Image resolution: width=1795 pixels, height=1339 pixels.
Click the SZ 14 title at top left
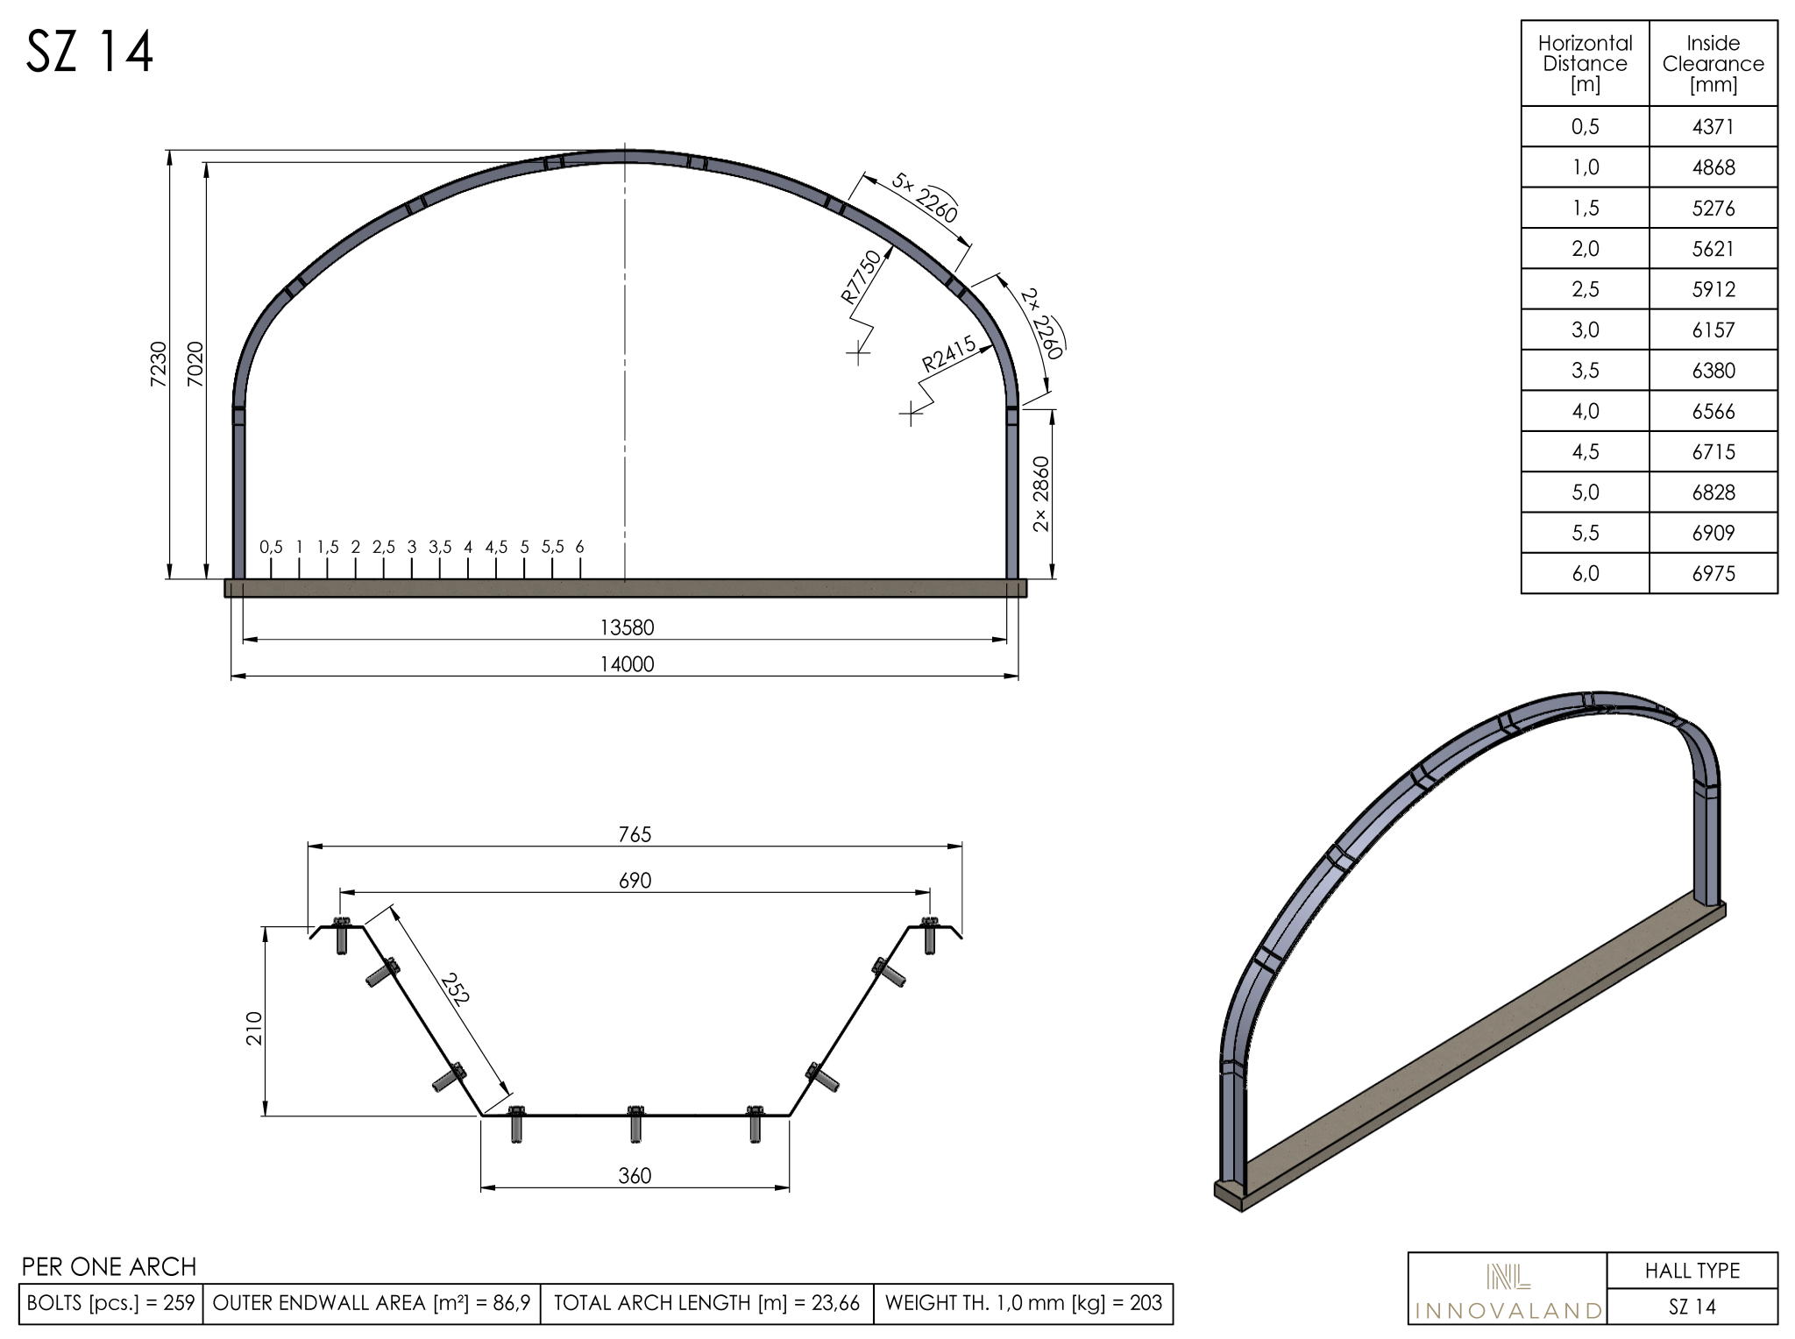[x=90, y=52]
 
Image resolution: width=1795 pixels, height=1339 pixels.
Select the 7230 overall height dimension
[x=158, y=364]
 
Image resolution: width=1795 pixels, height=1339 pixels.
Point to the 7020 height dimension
[x=195, y=364]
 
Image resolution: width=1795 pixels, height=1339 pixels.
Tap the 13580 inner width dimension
[x=627, y=627]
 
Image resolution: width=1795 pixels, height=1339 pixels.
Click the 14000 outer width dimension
[x=627, y=664]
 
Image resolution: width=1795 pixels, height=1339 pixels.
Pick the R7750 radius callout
[x=861, y=276]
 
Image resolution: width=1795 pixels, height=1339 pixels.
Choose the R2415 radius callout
[x=949, y=355]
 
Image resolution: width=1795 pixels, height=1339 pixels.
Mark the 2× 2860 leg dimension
[x=1041, y=493]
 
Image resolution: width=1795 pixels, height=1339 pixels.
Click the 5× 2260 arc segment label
[x=925, y=197]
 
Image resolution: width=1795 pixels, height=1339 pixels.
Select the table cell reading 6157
[x=1713, y=330]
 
